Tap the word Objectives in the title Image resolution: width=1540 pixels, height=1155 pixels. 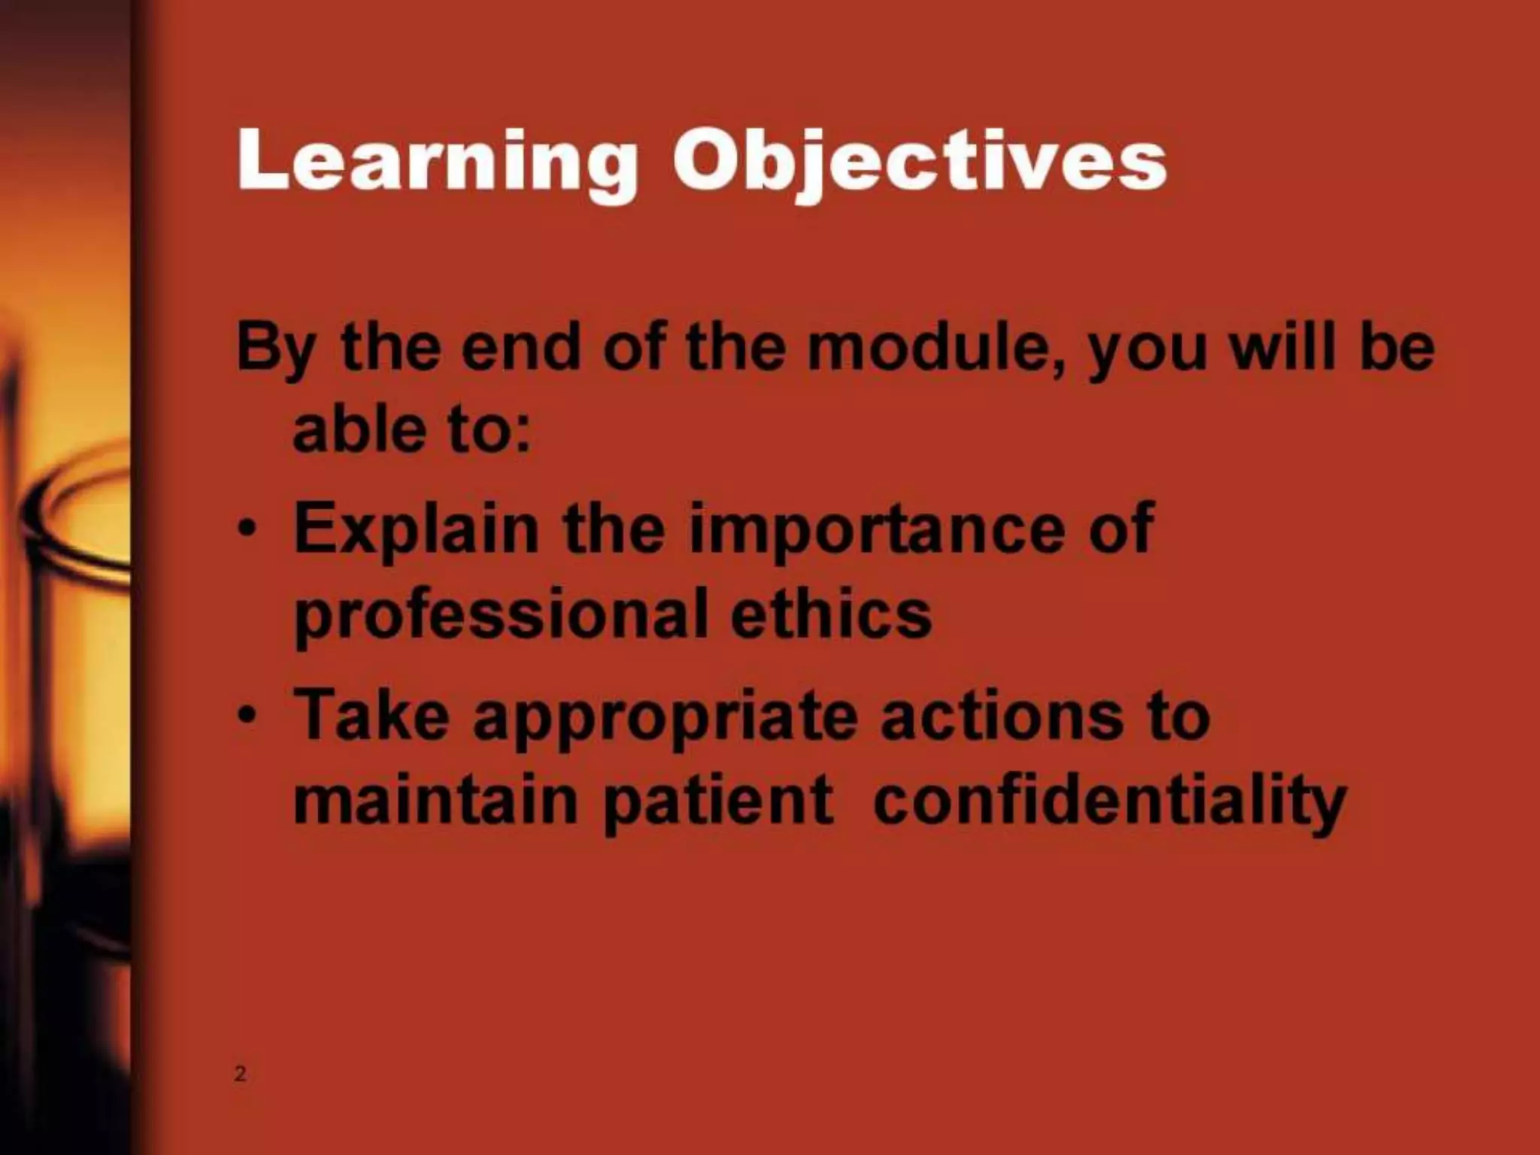pos(919,162)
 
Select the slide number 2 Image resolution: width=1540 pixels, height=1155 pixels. pos(240,1074)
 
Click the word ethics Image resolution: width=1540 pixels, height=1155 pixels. pos(831,613)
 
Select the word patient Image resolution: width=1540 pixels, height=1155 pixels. pos(718,802)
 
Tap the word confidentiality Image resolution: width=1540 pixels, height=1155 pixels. pos(1110,802)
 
